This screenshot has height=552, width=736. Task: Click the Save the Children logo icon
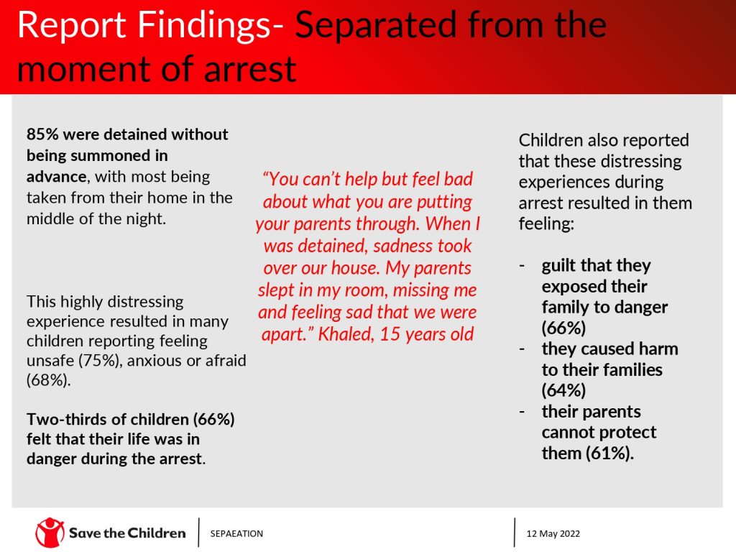(50, 533)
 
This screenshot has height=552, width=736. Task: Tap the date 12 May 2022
(553, 534)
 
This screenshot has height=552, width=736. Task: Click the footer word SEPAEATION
(236, 534)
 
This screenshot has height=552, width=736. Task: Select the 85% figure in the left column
(42, 134)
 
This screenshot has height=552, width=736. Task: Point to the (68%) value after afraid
(49, 380)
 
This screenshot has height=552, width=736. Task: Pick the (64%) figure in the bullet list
(563, 390)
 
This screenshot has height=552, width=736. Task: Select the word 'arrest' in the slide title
(250, 69)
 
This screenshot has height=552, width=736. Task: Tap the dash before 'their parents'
(522, 412)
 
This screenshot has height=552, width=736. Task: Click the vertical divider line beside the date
(515, 533)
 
